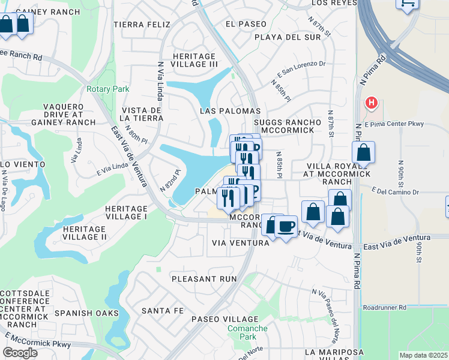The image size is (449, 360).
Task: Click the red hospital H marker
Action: [372, 103]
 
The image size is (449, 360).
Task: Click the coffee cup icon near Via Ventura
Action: [285, 227]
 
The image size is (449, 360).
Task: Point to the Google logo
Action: [20, 353]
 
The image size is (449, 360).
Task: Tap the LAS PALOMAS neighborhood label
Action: [230, 112]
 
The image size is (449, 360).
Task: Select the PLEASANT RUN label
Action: [204, 279]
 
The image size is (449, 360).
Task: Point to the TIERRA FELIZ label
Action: [142, 25]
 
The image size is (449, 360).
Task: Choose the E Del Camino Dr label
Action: [395, 192]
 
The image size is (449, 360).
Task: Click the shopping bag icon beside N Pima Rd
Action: [363, 154]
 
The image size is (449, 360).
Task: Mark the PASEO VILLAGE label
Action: [224, 319]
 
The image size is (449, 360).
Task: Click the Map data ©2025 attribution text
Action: [423, 355]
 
